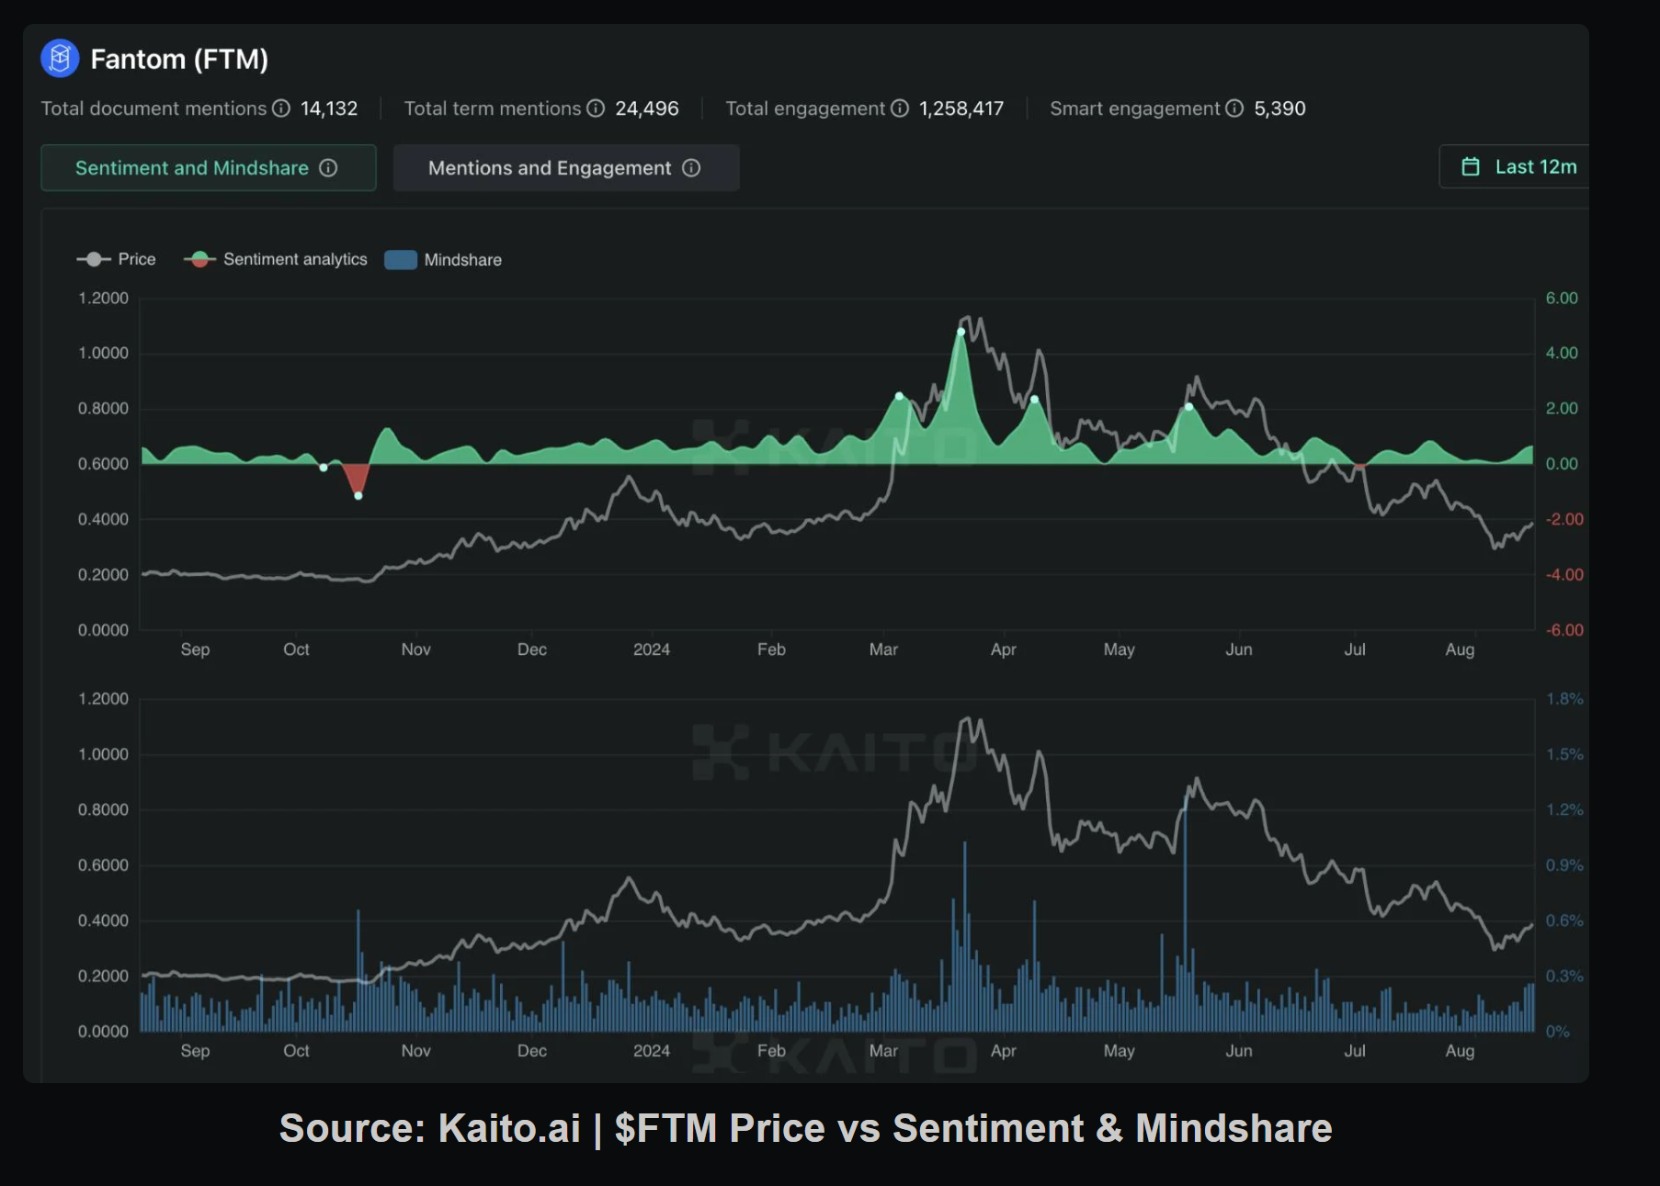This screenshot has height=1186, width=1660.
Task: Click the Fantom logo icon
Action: [60, 59]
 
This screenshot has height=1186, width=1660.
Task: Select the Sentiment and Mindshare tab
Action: [208, 168]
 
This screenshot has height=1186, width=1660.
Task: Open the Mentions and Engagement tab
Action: [565, 168]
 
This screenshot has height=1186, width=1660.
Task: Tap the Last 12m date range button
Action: [1520, 167]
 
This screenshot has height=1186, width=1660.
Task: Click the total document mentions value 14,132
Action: [329, 108]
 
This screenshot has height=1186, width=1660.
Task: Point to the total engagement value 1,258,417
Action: [961, 108]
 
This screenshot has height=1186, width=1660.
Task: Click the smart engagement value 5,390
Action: [1279, 108]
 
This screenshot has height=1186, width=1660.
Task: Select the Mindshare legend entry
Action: [444, 260]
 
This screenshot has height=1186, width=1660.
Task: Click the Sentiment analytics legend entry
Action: [276, 260]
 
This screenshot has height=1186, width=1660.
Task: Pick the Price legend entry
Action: [117, 260]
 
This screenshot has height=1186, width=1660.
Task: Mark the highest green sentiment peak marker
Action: [961, 332]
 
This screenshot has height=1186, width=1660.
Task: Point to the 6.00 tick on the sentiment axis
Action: [1561, 299]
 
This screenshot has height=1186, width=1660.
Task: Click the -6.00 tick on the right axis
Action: [1563, 630]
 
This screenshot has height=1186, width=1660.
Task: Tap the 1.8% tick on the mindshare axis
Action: [1563, 699]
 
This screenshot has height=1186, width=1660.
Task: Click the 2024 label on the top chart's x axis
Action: [652, 649]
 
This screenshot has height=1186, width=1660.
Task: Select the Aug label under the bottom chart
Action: [1460, 1051]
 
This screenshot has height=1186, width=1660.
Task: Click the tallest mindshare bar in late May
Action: [1185, 919]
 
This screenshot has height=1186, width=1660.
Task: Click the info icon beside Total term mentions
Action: [596, 108]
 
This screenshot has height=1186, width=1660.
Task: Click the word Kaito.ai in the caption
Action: [509, 1128]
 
